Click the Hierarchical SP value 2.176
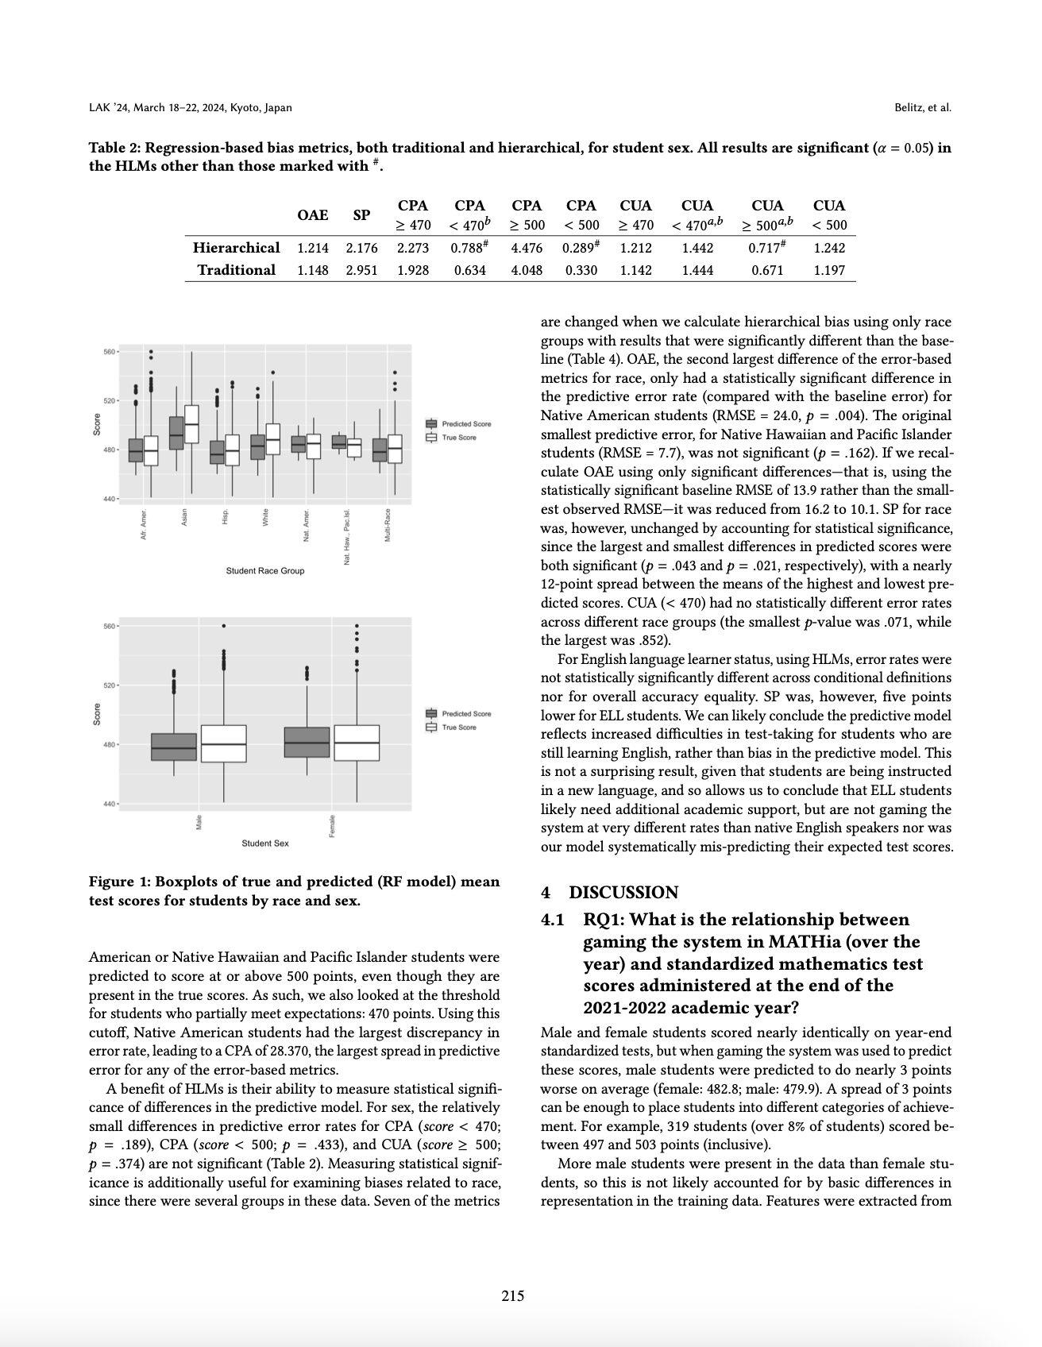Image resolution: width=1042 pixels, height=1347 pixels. pyautogui.click(x=361, y=248)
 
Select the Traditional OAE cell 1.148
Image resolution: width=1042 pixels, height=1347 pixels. pyautogui.click(x=313, y=270)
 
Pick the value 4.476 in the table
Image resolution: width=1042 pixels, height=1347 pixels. pyautogui.click(x=527, y=248)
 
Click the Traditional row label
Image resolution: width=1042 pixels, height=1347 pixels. pyautogui.click(x=236, y=270)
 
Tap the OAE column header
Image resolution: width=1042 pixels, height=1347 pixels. pyautogui.click(x=313, y=215)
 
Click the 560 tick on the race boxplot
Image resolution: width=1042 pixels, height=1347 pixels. pyautogui.click(x=109, y=351)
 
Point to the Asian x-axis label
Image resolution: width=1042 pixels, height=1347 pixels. pyautogui.click(x=184, y=517)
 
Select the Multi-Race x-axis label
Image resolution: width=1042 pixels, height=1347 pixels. pyautogui.click(x=387, y=525)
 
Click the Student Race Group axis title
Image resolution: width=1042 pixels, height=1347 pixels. pyautogui.click(x=264, y=571)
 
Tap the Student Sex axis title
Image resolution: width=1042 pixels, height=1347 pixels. pyautogui.click(x=265, y=843)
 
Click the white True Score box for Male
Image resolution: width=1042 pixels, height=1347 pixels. pyautogui.click(x=223, y=743)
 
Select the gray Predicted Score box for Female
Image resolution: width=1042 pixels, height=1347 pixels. pyautogui.click(x=307, y=742)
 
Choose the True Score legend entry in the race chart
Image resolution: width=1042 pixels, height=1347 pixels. pyautogui.click(x=458, y=438)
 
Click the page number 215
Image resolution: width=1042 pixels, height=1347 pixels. pyautogui.click(x=513, y=1296)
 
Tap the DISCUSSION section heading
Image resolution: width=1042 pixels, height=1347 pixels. pyautogui.click(x=623, y=893)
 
